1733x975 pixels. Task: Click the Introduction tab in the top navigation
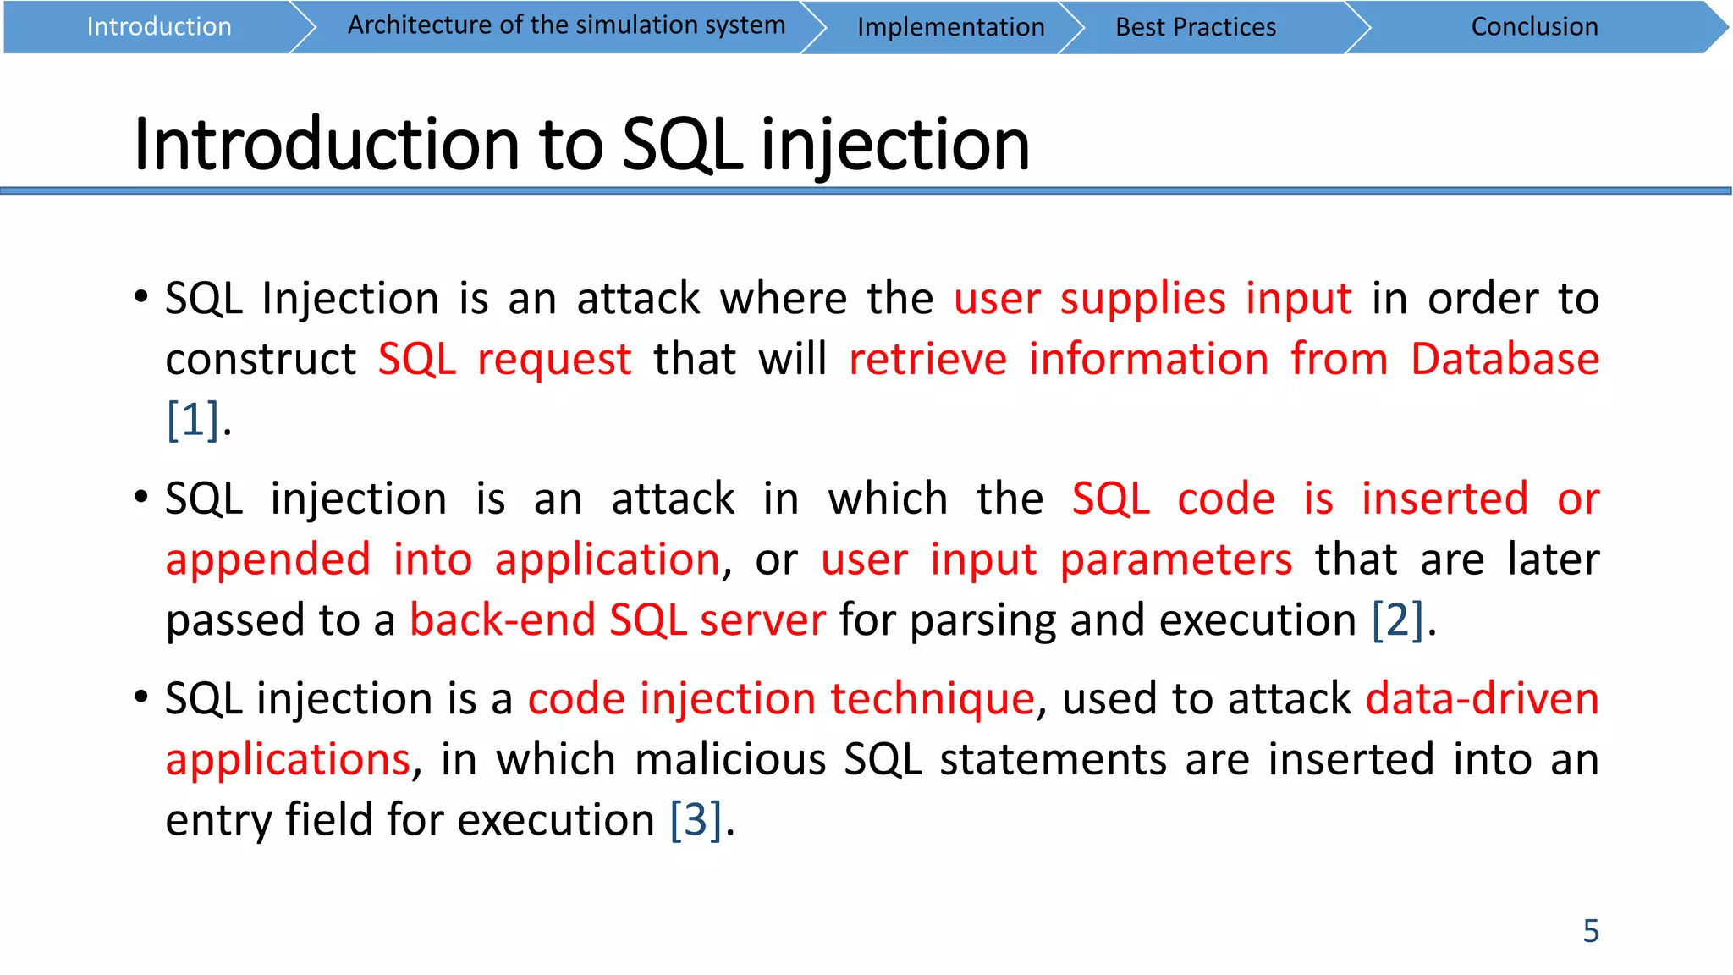point(159,27)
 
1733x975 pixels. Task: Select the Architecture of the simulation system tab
point(566,25)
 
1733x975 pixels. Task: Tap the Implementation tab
point(950,27)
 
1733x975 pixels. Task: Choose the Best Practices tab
point(1195,27)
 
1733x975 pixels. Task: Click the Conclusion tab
point(1534,27)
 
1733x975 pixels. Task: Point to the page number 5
point(1591,931)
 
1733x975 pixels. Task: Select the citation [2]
point(1397,620)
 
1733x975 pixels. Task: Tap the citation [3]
point(696,819)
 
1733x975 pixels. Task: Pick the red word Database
point(1505,359)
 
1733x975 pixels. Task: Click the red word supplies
point(1142,298)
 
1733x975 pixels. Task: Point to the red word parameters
point(1175,559)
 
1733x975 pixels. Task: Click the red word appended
point(267,559)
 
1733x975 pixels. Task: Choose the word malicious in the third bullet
point(729,759)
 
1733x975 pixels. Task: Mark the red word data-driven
point(1482,699)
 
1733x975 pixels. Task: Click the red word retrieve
point(927,359)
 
